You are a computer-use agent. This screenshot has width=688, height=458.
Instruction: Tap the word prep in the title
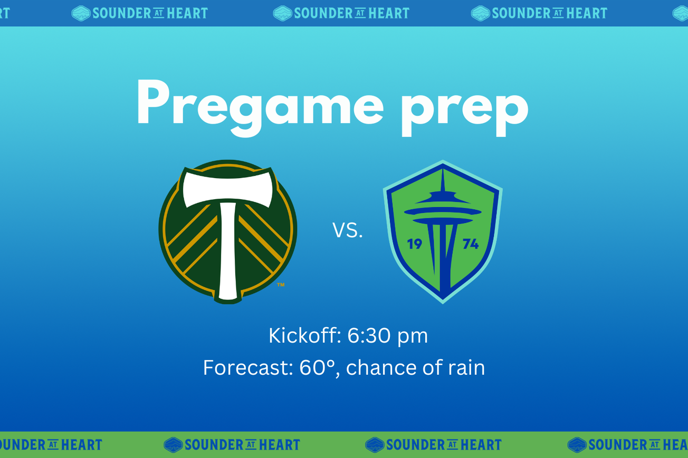464,105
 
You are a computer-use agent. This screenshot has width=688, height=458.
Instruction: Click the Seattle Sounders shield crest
443,232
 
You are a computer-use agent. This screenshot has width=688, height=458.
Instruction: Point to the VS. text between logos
348,230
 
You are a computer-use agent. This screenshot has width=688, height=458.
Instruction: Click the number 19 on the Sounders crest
415,244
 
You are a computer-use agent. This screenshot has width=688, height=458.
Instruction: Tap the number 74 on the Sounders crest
470,244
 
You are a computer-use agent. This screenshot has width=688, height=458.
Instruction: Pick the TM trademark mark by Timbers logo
281,285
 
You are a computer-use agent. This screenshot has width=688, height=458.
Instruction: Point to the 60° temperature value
319,367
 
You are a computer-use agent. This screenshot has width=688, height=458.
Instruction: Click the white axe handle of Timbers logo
228,253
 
